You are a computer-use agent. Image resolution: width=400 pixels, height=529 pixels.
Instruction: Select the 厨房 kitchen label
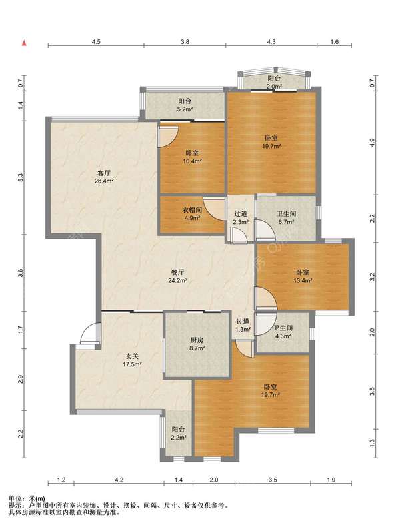197,340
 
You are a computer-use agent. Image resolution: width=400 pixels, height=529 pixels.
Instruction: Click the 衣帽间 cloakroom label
192,210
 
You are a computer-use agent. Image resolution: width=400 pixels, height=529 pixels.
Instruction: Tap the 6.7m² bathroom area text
286,222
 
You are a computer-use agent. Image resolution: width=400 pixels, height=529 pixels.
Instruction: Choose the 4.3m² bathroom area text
283,336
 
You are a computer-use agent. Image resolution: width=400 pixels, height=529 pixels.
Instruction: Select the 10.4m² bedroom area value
192,161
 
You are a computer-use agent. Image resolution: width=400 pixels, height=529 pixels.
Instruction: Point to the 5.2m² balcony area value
185,109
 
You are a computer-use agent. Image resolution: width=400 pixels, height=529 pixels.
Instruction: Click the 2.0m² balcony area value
274,87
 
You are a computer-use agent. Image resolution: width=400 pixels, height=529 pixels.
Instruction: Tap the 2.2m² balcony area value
179,438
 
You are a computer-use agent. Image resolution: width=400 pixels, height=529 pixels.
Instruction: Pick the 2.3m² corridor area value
241,222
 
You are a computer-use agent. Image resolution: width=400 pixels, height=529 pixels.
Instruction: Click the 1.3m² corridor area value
243,330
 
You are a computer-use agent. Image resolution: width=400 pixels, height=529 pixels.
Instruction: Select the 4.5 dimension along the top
96,42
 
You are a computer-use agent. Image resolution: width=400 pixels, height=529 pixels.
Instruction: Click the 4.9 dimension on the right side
372,143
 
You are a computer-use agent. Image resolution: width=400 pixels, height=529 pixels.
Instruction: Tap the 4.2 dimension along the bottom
119,480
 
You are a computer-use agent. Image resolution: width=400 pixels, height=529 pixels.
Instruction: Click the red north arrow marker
24,43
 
